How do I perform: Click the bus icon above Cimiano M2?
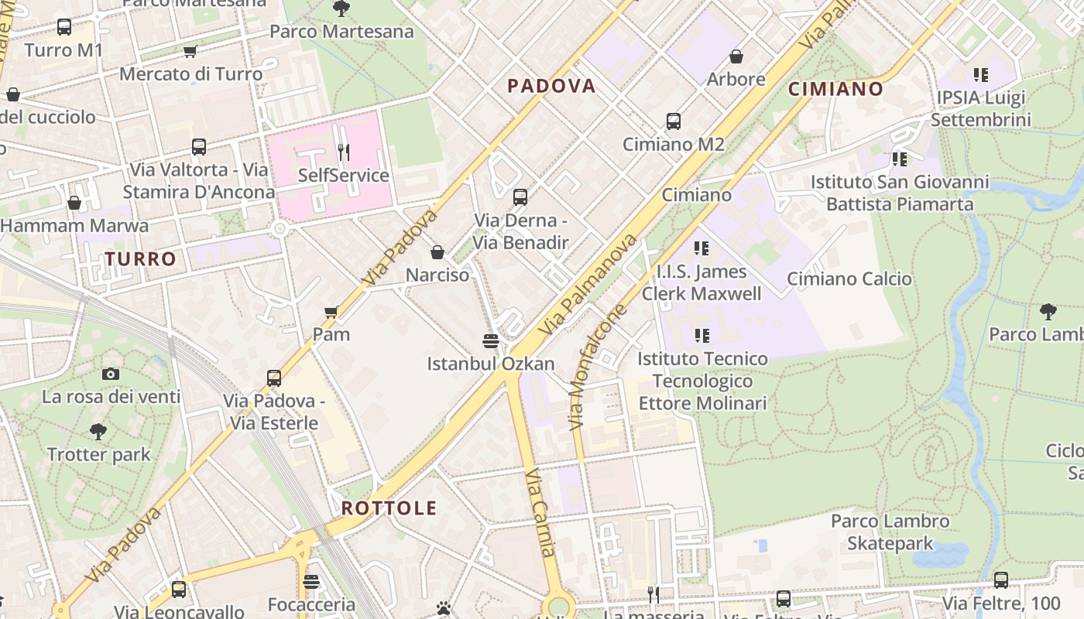[x=674, y=121]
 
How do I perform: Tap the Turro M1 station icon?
[x=64, y=27]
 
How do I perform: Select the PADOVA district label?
[x=551, y=86]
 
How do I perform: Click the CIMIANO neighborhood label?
[x=835, y=89]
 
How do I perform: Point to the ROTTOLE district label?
[x=389, y=508]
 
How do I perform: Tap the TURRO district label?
[x=141, y=258]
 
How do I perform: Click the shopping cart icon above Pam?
[x=331, y=312]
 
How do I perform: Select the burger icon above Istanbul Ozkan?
[x=490, y=341]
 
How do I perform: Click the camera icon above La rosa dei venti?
[x=111, y=374]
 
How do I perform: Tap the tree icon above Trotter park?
[x=98, y=432]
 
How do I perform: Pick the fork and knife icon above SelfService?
[x=344, y=152]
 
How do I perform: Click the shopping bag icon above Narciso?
[x=437, y=252]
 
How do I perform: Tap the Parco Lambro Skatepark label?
[x=890, y=532]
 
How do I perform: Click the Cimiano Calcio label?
[x=849, y=279]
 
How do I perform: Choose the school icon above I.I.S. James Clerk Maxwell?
[x=702, y=248]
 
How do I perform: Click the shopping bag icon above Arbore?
[x=736, y=56]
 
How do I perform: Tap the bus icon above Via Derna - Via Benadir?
[x=520, y=197]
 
